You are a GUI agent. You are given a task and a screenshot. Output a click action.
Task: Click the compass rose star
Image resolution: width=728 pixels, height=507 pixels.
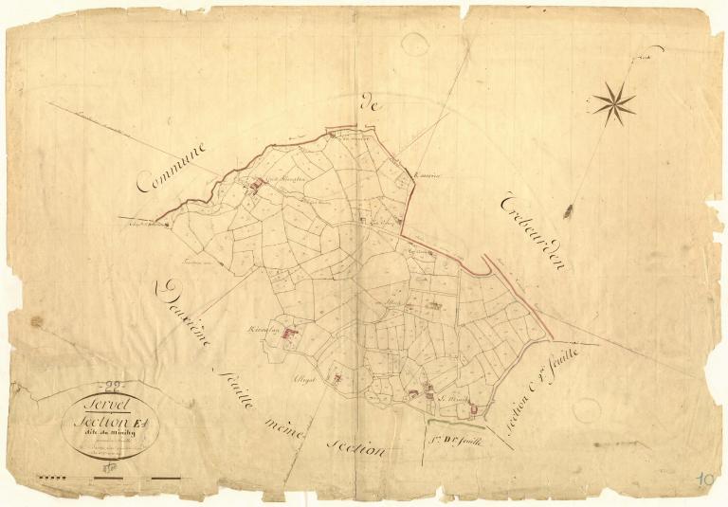click(614, 102)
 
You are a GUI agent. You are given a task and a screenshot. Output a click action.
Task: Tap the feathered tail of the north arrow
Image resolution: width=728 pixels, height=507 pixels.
click(569, 210)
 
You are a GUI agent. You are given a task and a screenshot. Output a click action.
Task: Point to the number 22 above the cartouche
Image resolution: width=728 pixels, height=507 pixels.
click(114, 385)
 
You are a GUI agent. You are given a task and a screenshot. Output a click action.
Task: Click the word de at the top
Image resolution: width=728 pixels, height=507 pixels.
click(370, 106)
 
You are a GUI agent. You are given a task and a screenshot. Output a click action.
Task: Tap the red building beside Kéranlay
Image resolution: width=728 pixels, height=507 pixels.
click(290, 333)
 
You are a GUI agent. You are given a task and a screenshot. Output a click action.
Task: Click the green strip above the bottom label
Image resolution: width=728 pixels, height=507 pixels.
click(455, 425)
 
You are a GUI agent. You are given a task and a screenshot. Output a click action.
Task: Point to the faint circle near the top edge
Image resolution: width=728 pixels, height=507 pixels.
click(414, 43)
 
